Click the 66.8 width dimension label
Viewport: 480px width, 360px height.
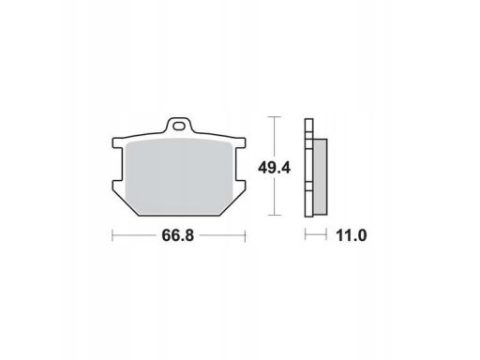(178, 235)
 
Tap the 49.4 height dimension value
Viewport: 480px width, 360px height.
(274, 168)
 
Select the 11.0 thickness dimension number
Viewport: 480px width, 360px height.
(352, 235)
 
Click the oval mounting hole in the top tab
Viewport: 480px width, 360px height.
(179, 127)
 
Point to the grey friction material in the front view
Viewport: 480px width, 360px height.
(179, 176)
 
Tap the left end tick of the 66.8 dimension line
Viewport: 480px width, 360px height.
(112, 236)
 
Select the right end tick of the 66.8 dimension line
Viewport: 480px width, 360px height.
(246, 236)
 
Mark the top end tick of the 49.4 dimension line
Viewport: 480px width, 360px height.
(274, 116)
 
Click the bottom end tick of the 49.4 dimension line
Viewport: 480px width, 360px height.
(274, 215)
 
